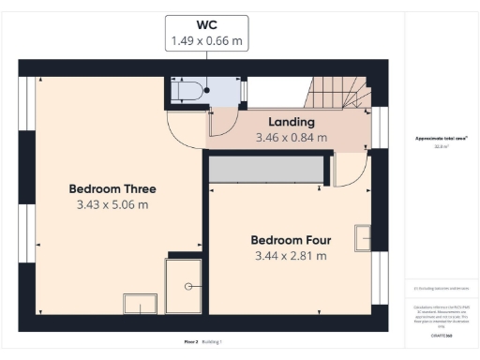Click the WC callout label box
[x=207, y=32]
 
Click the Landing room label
[x=291, y=122]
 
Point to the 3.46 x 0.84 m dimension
[x=292, y=137]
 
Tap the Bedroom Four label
[x=290, y=240]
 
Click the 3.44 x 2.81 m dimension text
[x=290, y=255]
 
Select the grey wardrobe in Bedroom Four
[x=266, y=170]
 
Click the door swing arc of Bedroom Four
[x=348, y=171]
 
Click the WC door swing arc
[x=222, y=123]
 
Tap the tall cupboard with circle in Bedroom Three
[x=185, y=285]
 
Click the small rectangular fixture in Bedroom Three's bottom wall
[x=141, y=305]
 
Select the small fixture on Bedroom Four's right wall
[x=362, y=238]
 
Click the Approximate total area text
[x=442, y=139]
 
